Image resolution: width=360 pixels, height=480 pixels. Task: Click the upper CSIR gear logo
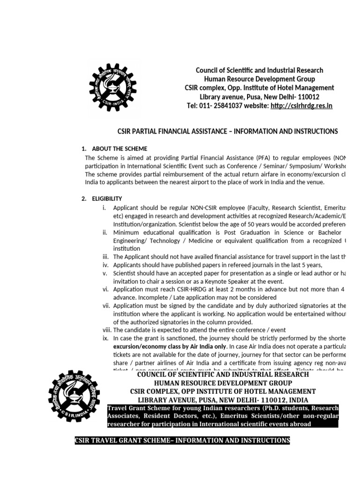click(112, 87)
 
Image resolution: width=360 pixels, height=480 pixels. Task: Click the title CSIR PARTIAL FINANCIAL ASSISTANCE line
click(227, 131)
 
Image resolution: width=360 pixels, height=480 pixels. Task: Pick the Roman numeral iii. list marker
click(105, 257)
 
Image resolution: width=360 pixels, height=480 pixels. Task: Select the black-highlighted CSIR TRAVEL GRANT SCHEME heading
click(182, 441)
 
